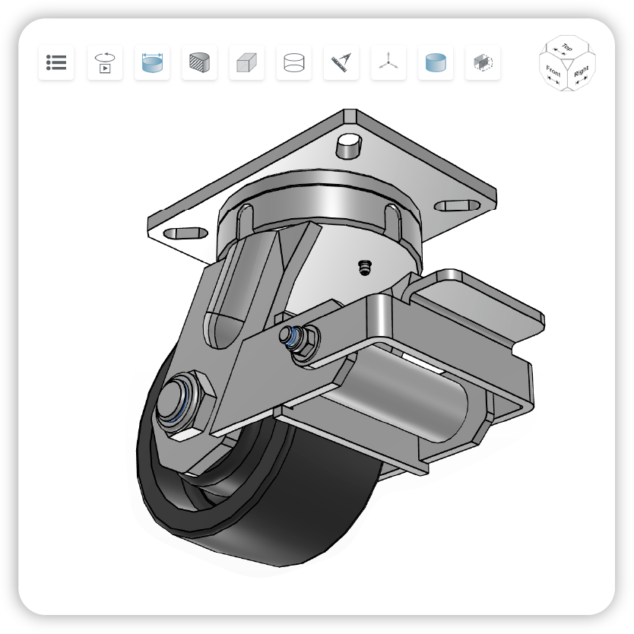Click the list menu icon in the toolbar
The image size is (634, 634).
[56, 62]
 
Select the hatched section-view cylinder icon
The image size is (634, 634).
[199, 62]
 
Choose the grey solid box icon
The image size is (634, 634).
[246, 62]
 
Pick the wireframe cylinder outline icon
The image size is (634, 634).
[293, 62]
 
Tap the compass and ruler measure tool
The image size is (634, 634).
[341, 62]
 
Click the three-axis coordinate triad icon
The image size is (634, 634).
[388, 62]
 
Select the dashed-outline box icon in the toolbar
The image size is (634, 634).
[483, 62]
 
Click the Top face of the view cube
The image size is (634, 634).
[567, 48]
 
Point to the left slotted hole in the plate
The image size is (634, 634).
[185, 233]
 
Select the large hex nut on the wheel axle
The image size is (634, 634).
[185, 403]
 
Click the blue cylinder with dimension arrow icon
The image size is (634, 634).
[152, 62]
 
